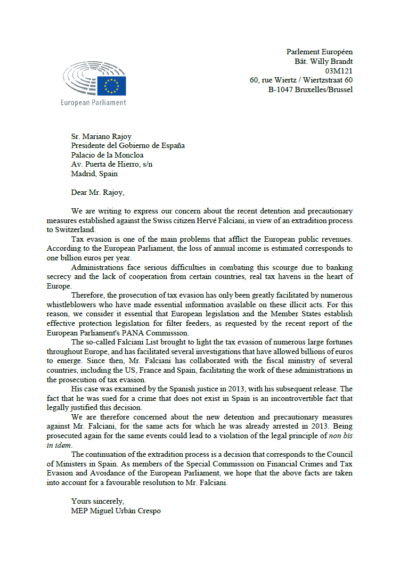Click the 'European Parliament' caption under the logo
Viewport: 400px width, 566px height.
pyautogui.click(x=94, y=103)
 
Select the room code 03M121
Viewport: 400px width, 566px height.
pyautogui.click(x=339, y=70)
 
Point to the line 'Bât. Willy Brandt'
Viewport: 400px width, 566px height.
pyautogui.click(x=323, y=61)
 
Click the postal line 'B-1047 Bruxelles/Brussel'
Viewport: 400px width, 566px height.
pyautogui.click(x=310, y=89)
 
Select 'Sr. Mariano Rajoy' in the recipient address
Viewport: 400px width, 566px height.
pyautogui.click(x=101, y=137)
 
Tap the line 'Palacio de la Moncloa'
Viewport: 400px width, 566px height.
pyautogui.click(x=107, y=155)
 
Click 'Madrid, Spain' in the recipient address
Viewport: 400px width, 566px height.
pyautogui.click(x=94, y=174)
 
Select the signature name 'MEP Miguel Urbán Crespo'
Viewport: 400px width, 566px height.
pyautogui.click(x=116, y=511)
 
